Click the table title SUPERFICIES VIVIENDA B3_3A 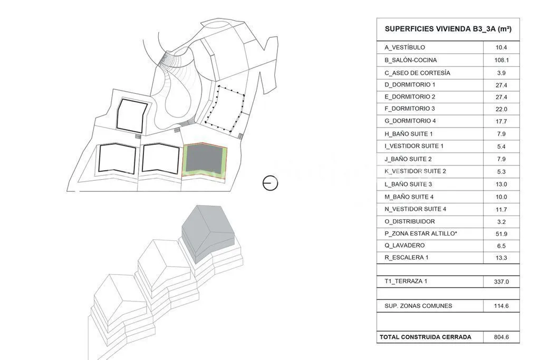448,29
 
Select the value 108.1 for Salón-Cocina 502,60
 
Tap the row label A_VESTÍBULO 404,47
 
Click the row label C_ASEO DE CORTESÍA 418,73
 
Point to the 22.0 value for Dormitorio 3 502,109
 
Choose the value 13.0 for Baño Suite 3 502,184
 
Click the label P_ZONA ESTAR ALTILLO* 421,233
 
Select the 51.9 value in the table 502,234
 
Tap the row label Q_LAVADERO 404,246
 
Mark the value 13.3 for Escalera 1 502,258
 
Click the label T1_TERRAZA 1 406,281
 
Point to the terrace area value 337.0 502,281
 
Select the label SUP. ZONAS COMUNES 418,306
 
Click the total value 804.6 502,337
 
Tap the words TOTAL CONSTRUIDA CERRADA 426,337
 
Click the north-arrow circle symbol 271,183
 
